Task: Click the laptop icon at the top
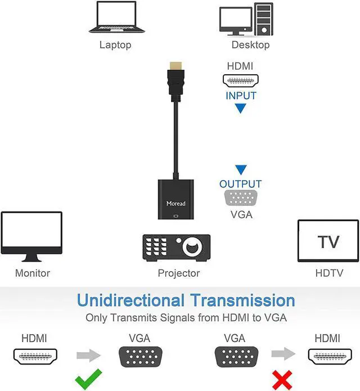click(116, 17)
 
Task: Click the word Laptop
click(115, 44)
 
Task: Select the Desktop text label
click(250, 44)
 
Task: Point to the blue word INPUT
click(241, 96)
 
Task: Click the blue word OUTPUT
click(240, 184)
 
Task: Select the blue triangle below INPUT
click(241, 108)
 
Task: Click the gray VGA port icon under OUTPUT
click(241, 199)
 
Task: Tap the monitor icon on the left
click(31, 237)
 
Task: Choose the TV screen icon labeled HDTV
click(328, 241)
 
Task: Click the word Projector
click(179, 273)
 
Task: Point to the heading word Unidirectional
click(130, 300)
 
